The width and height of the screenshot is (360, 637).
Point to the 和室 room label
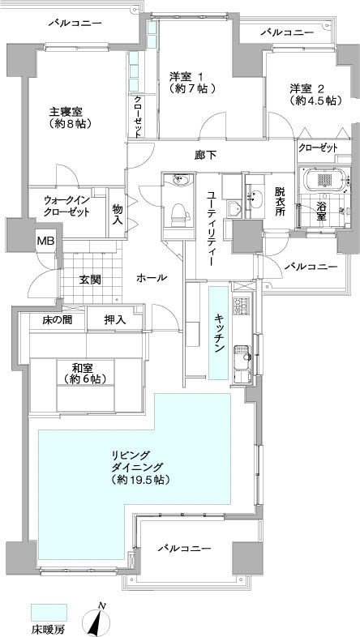(x=83, y=369)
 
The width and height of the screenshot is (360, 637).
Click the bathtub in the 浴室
(x=324, y=179)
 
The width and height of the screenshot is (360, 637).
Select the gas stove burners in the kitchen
(x=241, y=305)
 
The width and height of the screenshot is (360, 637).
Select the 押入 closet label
(x=115, y=320)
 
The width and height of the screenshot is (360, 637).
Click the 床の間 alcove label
(x=58, y=320)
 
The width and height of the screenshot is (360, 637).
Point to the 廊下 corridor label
(x=204, y=155)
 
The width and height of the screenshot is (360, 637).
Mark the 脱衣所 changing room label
(x=280, y=202)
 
